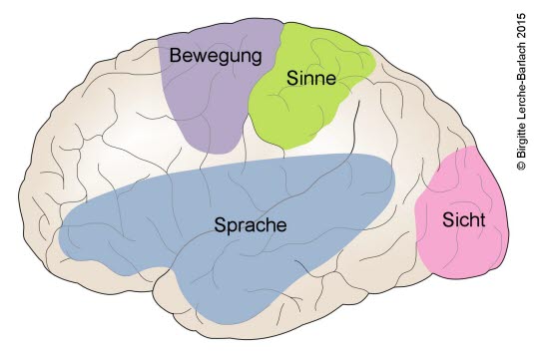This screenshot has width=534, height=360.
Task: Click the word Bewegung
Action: click(216, 56)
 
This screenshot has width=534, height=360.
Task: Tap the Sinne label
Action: click(311, 78)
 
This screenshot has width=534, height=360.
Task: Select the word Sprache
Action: click(251, 225)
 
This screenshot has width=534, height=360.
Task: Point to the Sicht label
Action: click(463, 219)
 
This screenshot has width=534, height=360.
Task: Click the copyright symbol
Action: click(521, 166)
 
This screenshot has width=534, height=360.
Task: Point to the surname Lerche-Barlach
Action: click(521, 80)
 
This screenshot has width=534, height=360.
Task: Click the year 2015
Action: click(521, 26)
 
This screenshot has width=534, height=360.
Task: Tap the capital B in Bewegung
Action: click(175, 55)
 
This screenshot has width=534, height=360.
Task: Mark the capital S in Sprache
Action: click(220, 224)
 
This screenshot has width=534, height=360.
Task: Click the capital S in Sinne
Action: click(292, 78)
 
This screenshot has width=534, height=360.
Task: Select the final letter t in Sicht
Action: click(482, 220)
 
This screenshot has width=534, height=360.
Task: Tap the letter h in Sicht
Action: click(473, 219)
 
